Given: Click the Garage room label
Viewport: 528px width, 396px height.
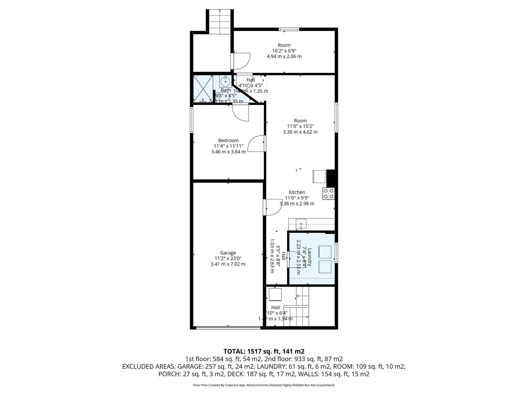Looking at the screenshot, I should click(228, 253).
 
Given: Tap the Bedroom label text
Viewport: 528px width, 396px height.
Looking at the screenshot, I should click(228, 141).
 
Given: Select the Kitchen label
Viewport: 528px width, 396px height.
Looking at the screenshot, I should click(297, 192).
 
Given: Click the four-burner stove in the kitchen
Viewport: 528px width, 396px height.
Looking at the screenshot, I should click(328, 194).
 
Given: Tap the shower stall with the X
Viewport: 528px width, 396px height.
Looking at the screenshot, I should click(203, 89).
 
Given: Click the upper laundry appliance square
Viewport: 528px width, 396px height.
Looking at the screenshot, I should click(325, 252).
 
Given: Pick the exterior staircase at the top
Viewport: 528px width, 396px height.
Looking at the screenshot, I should click(220, 22).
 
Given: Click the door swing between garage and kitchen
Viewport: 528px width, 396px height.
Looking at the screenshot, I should click(273, 207).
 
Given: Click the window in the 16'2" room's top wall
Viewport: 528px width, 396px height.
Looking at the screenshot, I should click(289, 29).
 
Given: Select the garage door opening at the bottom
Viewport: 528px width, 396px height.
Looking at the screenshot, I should click(228, 328).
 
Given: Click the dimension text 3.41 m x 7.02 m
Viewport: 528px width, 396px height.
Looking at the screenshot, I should click(228, 264).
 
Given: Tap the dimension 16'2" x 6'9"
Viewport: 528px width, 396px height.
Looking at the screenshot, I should click(284, 51).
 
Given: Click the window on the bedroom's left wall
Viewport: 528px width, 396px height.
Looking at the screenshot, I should click(192, 120).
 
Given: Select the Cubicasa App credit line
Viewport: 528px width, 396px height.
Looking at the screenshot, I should click(264, 385).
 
